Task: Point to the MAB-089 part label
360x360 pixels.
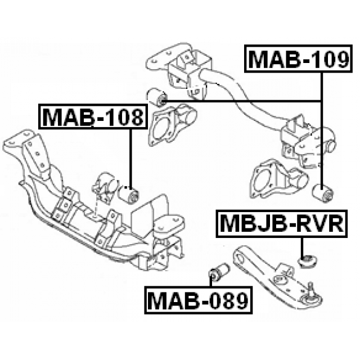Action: pos(198,301)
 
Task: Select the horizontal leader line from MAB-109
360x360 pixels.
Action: pos(242,100)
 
